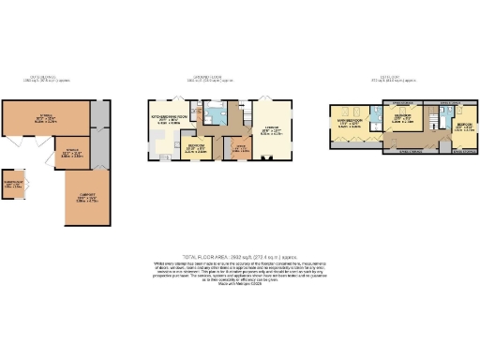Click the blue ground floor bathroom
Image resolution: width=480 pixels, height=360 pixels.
[217, 114]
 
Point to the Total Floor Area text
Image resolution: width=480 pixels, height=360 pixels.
[240, 254]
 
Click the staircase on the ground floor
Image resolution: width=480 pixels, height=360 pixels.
[247, 111]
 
